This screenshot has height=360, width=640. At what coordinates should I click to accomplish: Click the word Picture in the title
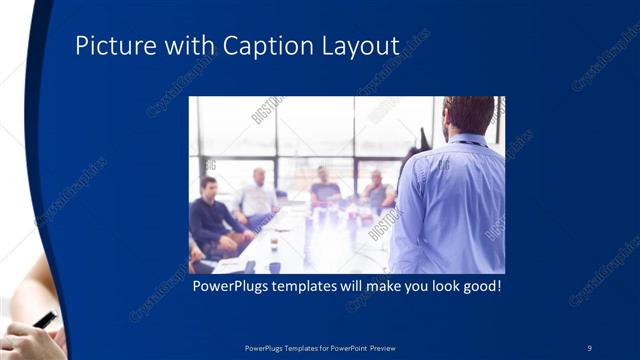pos(110,46)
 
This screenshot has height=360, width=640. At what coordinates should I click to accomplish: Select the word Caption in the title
pos(266,46)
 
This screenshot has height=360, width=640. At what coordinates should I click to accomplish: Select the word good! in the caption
pos(479,286)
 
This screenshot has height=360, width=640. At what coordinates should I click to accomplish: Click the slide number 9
pos(589,347)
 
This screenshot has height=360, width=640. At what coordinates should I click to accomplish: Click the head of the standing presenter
pos(468,114)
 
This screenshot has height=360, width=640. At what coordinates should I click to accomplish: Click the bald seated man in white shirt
pos(258,196)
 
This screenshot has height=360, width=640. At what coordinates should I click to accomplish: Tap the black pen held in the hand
pos(46,320)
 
